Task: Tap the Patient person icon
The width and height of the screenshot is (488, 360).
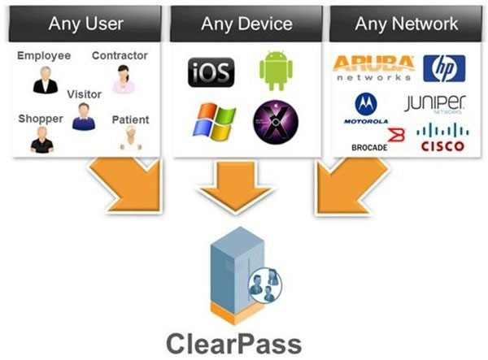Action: point(128,139)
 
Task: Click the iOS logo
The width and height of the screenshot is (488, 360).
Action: point(211,72)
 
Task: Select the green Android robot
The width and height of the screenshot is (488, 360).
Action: point(274,72)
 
